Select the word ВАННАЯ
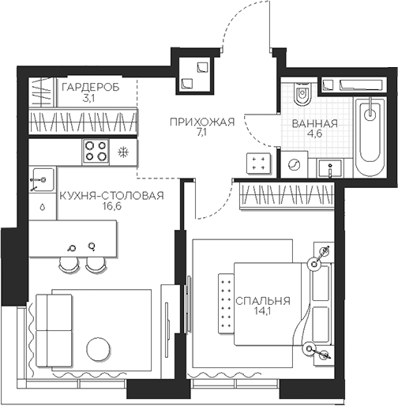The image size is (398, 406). pos(314,124)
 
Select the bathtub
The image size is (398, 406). pos(369,138)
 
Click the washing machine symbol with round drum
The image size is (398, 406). pos(295,164)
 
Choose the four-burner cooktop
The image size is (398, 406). pos(97,151)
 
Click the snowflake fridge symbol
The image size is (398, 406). pos(122,152)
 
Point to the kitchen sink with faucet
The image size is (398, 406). pos(41,181)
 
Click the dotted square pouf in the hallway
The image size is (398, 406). pos(257,164)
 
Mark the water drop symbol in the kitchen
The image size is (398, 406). pos(41,208)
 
